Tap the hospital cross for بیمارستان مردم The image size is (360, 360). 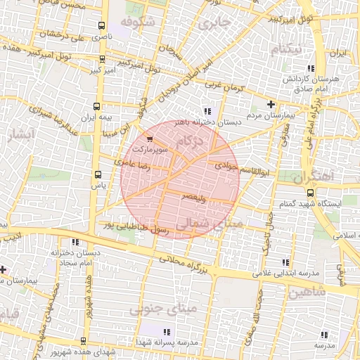(x=271, y=104)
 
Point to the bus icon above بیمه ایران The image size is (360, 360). (x=97, y=106)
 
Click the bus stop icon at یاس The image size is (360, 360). (x=97, y=175)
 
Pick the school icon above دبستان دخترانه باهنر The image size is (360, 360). (x=206, y=111)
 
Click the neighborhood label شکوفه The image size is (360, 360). (x=136, y=22)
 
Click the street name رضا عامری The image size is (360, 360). (x=136, y=165)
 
